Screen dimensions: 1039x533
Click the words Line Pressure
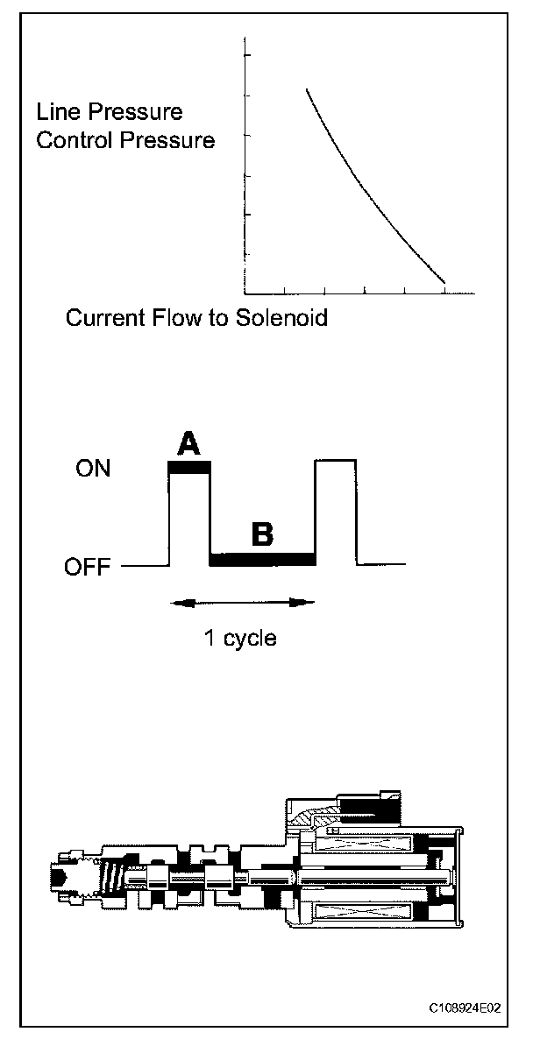click(109, 112)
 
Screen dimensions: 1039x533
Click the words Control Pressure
click(125, 140)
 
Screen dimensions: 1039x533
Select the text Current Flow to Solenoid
click(196, 317)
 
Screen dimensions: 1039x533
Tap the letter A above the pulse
click(188, 444)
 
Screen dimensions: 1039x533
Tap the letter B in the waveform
click(261, 534)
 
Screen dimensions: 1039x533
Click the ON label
click(93, 469)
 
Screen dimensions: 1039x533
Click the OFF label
click(88, 568)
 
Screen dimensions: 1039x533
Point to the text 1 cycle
click(240, 638)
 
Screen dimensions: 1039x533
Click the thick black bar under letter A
click(189, 468)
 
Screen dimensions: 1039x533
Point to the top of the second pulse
click(335, 459)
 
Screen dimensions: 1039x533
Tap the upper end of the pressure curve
click(306, 89)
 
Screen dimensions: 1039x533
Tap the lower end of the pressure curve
click(444, 283)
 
